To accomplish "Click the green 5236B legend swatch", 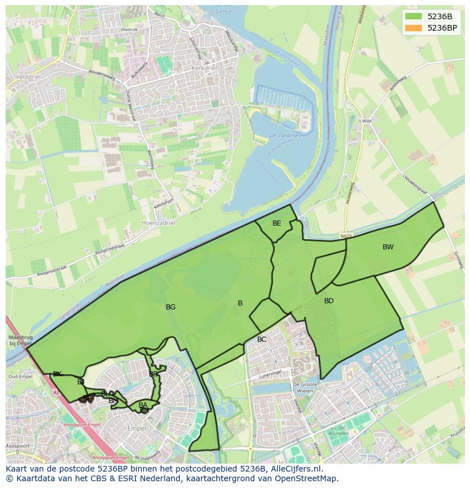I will click(x=414, y=16).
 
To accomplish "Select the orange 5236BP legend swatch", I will click(x=414, y=28).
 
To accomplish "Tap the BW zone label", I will click(x=388, y=247).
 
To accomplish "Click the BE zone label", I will click(x=276, y=223).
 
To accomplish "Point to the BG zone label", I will click(x=170, y=307).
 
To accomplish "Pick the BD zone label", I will click(x=329, y=301).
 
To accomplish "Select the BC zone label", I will click(x=262, y=340).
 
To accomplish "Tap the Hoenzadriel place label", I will click(x=159, y=223).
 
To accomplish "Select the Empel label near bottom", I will click(x=137, y=428).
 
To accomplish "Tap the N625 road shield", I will click(x=347, y=235).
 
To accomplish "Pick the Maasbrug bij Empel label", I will click(x=20, y=340).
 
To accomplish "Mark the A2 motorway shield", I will click(x=56, y=392).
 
